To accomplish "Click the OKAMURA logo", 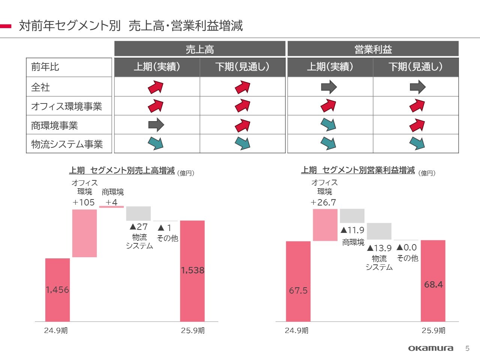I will coord(430,348).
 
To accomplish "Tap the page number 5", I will coord(467,348).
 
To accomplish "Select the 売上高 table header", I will coord(200,49).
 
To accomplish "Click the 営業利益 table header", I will coord(373,49).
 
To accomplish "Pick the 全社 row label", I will coord(40,87).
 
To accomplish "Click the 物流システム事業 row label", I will coord(67,144).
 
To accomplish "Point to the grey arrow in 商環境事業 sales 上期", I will coord(156,125).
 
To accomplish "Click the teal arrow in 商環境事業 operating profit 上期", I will coord(328,124).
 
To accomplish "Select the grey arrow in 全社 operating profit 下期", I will coord(417,87).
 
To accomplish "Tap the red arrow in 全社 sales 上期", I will coord(156,87).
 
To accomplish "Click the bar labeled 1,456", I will coord(57,289).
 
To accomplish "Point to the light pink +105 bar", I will coord(84,233).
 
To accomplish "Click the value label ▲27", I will coord(138,226).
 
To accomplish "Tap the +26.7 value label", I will coord(323,202).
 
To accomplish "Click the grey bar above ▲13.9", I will coord(379,231).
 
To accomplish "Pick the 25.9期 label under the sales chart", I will coord(193,330).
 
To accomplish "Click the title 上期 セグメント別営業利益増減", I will coord(358,170).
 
